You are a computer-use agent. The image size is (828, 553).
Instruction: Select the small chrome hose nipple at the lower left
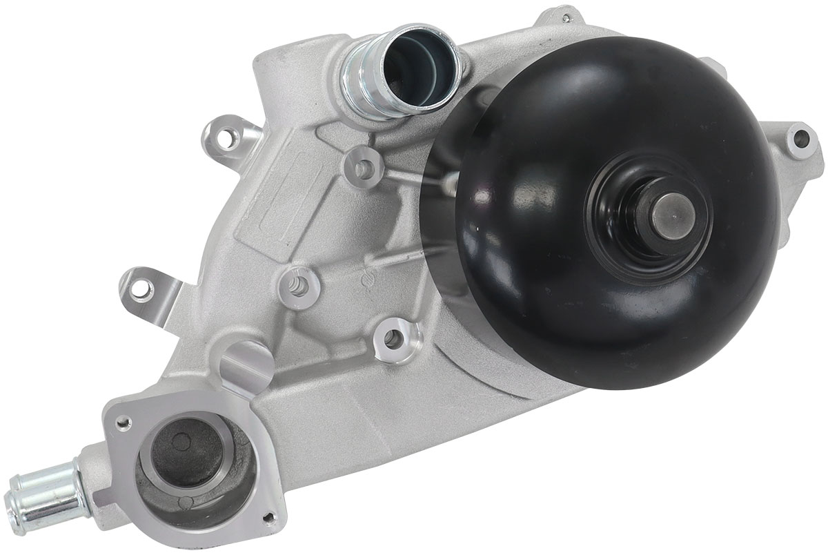pos(38,491)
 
